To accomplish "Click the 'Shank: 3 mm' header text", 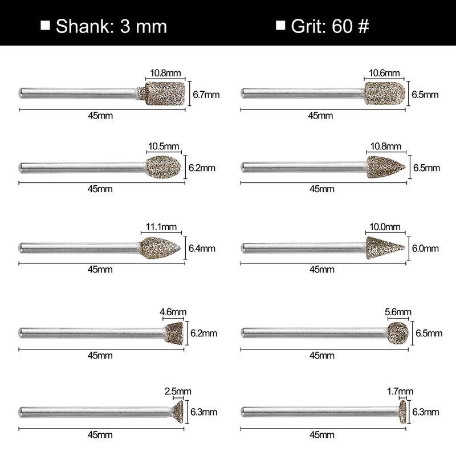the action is [x=111, y=26].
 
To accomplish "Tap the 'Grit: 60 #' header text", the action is [x=330, y=26].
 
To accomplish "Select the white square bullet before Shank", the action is [x=45, y=25].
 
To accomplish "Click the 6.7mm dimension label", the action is [x=206, y=95].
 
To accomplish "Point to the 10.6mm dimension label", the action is [x=384, y=73].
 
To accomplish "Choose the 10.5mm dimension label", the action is [x=164, y=146].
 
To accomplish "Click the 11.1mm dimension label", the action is [x=161, y=227].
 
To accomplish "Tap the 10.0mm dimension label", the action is [x=384, y=227].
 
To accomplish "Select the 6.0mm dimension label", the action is [x=425, y=249].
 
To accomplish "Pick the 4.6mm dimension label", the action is [x=173, y=312].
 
